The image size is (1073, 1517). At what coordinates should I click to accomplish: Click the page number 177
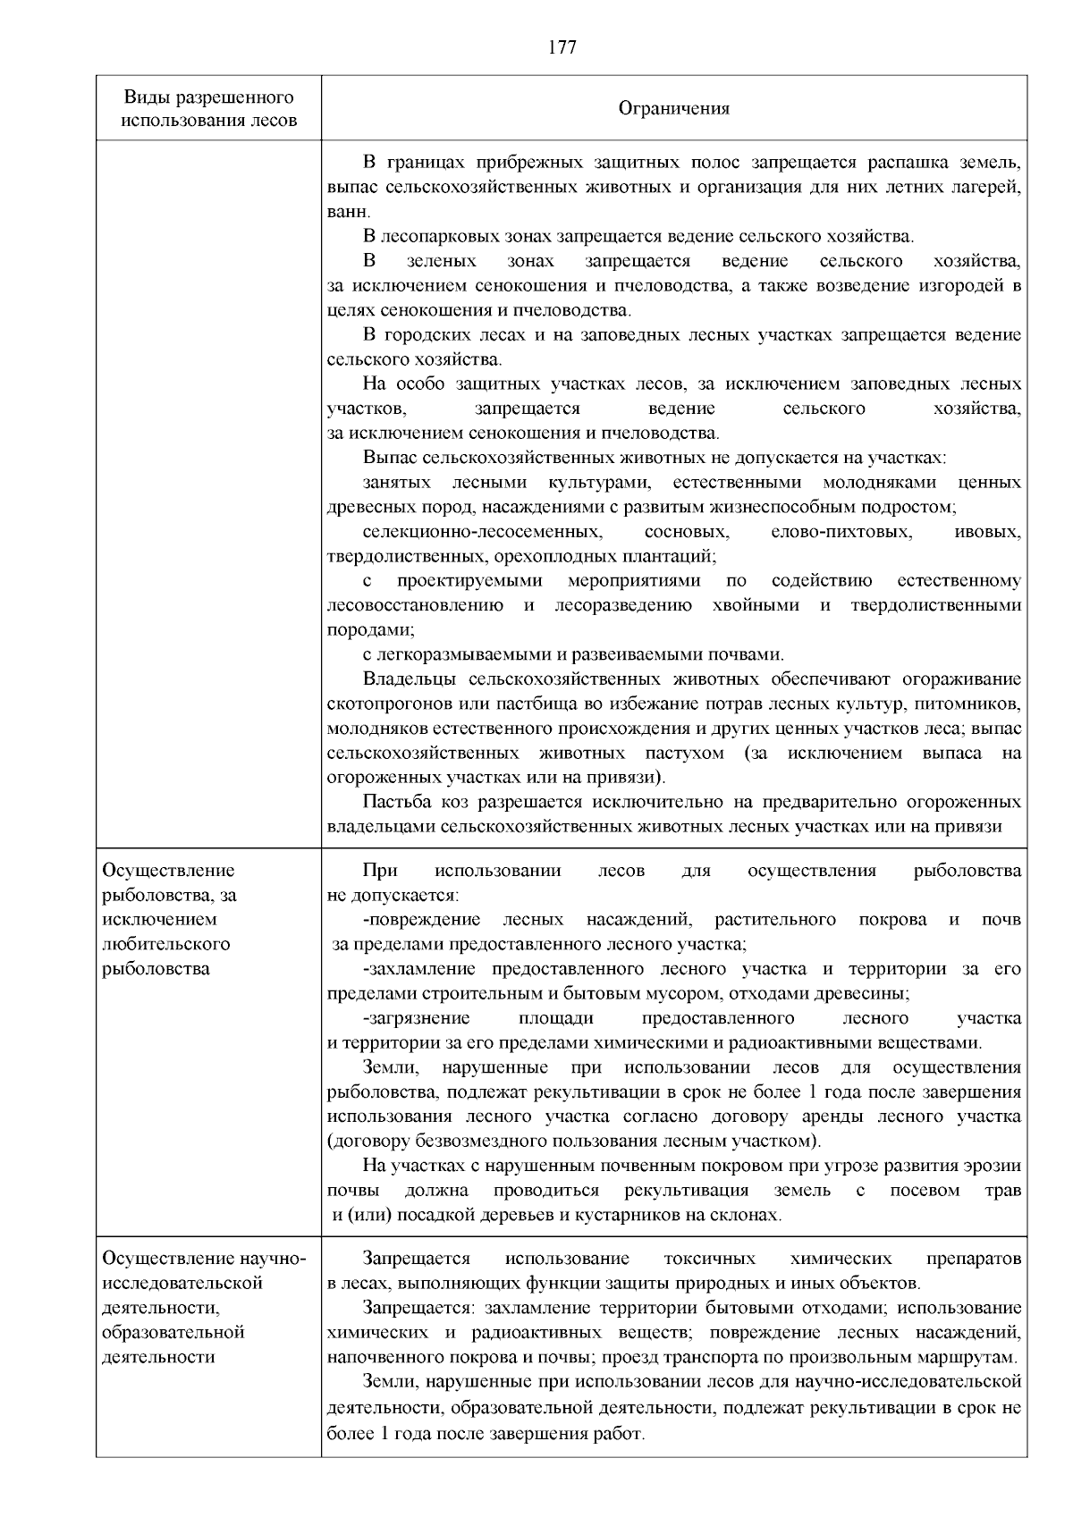[x=562, y=47]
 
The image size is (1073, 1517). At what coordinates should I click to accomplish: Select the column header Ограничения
[x=674, y=109]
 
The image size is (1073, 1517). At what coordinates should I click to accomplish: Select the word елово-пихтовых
[x=841, y=532]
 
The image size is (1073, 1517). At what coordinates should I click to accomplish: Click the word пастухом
[x=684, y=753]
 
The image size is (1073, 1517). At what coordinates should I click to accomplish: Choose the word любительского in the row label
[x=167, y=944]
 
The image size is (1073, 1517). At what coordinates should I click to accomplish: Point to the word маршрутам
[x=975, y=1357]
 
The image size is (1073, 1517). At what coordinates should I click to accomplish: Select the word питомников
[x=975, y=704]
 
